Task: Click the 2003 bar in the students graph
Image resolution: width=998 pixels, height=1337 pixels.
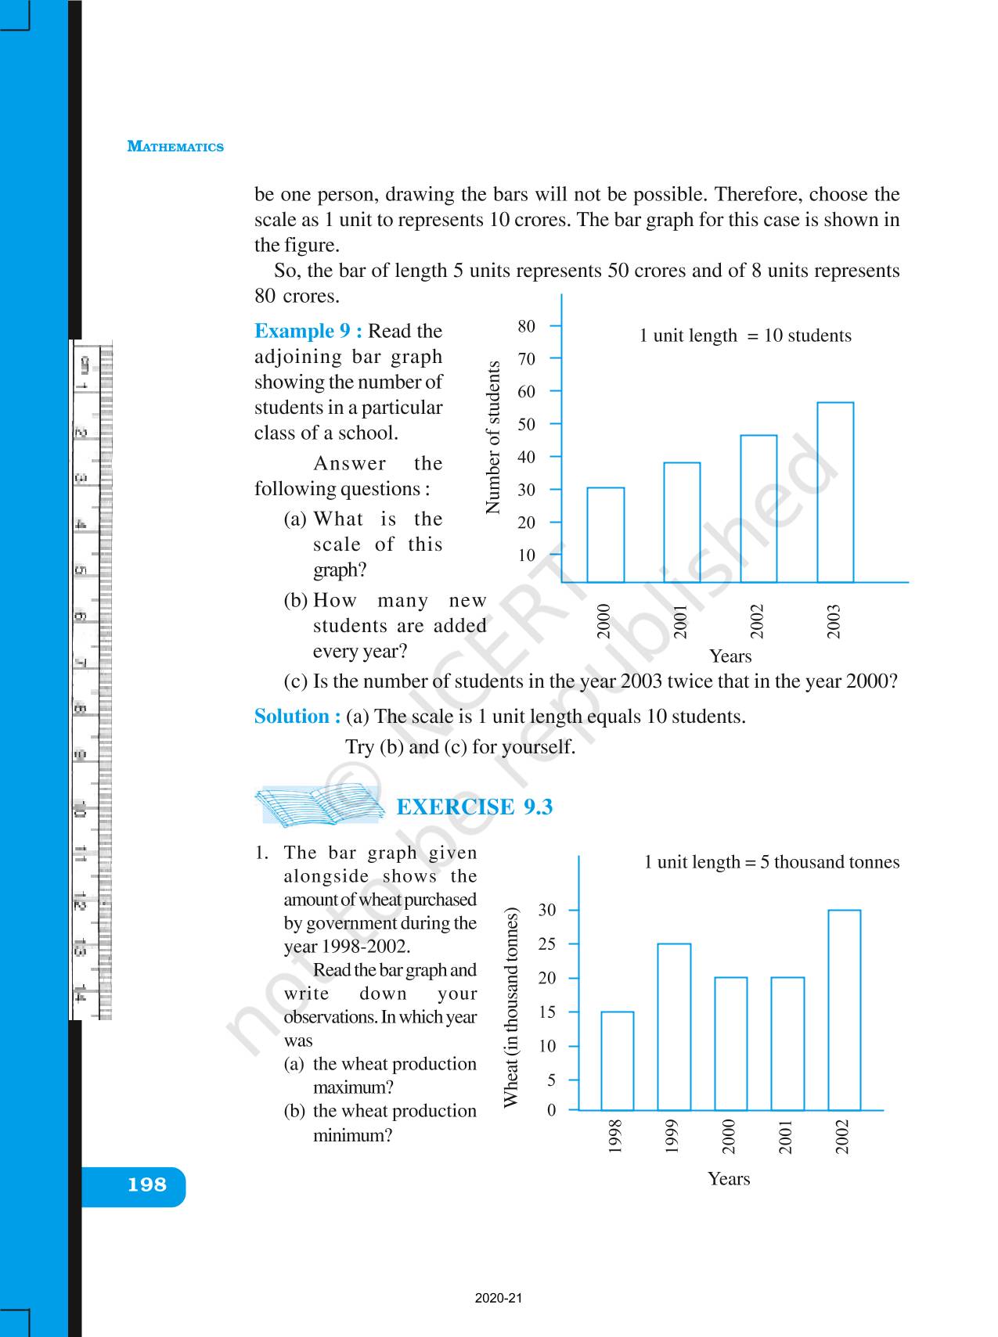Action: tap(835, 492)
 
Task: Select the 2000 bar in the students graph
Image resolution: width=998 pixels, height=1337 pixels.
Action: tap(605, 535)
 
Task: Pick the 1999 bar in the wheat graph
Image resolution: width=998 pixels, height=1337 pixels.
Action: tap(674, 1026)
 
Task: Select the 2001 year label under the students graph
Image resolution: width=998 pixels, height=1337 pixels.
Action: tap(680, 621)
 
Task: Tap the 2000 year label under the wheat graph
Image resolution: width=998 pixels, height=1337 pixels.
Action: tap(730, 1137)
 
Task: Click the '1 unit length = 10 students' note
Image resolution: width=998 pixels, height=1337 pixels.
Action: tap(744, 336)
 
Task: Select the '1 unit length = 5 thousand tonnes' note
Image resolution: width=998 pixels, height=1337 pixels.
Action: tap(771, 862)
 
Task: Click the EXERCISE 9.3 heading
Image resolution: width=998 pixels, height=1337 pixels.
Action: tap(474, 807)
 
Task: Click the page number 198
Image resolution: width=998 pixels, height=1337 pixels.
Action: tap(147, 1184)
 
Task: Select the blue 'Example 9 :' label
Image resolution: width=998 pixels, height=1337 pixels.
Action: tap(308, 331)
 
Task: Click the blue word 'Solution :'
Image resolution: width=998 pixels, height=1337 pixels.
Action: tap(297, 716)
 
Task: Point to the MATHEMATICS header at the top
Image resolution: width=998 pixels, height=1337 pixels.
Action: tap(175, 146)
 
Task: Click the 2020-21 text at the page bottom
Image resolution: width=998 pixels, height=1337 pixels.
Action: tap(498, 1299)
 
